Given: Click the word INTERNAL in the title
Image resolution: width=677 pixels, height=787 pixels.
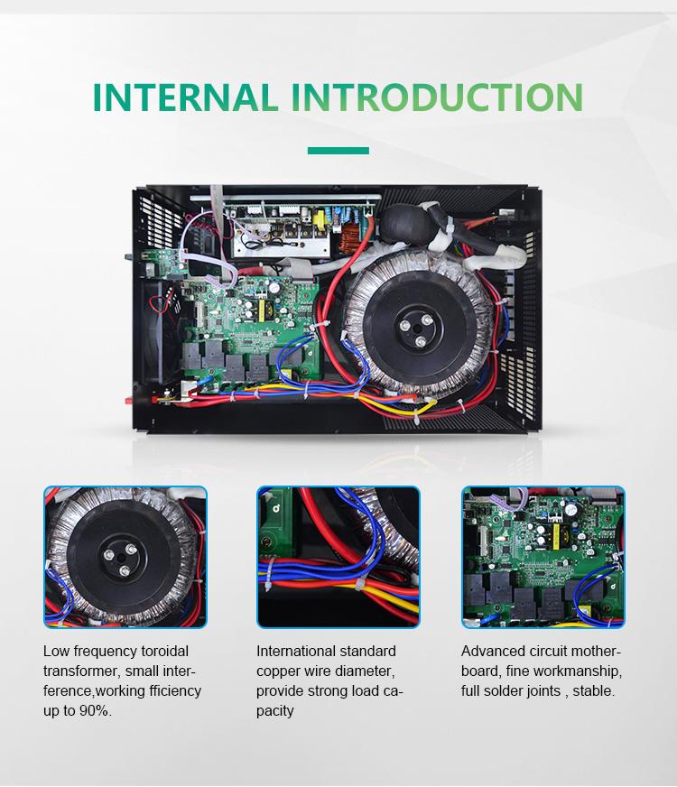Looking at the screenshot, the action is [x=185, y=97].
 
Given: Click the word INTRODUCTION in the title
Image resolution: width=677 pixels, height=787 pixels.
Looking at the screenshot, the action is [x=437, y=97].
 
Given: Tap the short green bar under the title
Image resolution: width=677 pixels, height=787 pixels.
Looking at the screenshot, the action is [x=338, y=151].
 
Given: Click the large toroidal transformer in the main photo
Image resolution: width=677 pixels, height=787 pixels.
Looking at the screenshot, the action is [x=420, y=324].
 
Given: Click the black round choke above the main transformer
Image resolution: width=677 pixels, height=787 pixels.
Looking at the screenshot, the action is [x=401, y=222].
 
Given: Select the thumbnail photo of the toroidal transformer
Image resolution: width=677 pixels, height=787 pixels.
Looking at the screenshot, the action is [x=125, y=557].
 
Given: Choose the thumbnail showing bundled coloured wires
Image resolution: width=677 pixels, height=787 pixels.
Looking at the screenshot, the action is [x=338, y=557].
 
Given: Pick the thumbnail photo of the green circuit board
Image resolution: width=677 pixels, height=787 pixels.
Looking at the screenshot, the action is [x=543, y=557].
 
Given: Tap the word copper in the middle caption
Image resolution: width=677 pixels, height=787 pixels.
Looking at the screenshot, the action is [x=278, y=671].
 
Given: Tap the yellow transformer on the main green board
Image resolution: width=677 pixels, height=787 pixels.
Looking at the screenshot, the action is [x=262, y=310].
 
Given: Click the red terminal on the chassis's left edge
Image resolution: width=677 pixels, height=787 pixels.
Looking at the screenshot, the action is [x=128, y=400].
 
